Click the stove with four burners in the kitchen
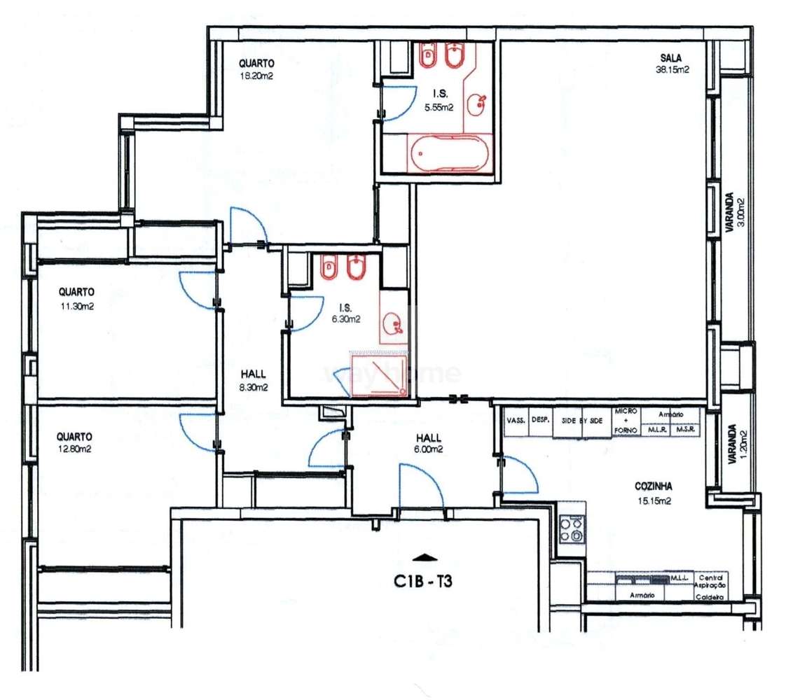pyautogui.click(x=572, y=528)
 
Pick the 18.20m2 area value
pyautogui.click(x=256, y=76)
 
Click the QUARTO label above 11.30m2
pyautogui.click(x=76, y=291)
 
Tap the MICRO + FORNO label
pyautogui.click(x=625, y=420)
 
